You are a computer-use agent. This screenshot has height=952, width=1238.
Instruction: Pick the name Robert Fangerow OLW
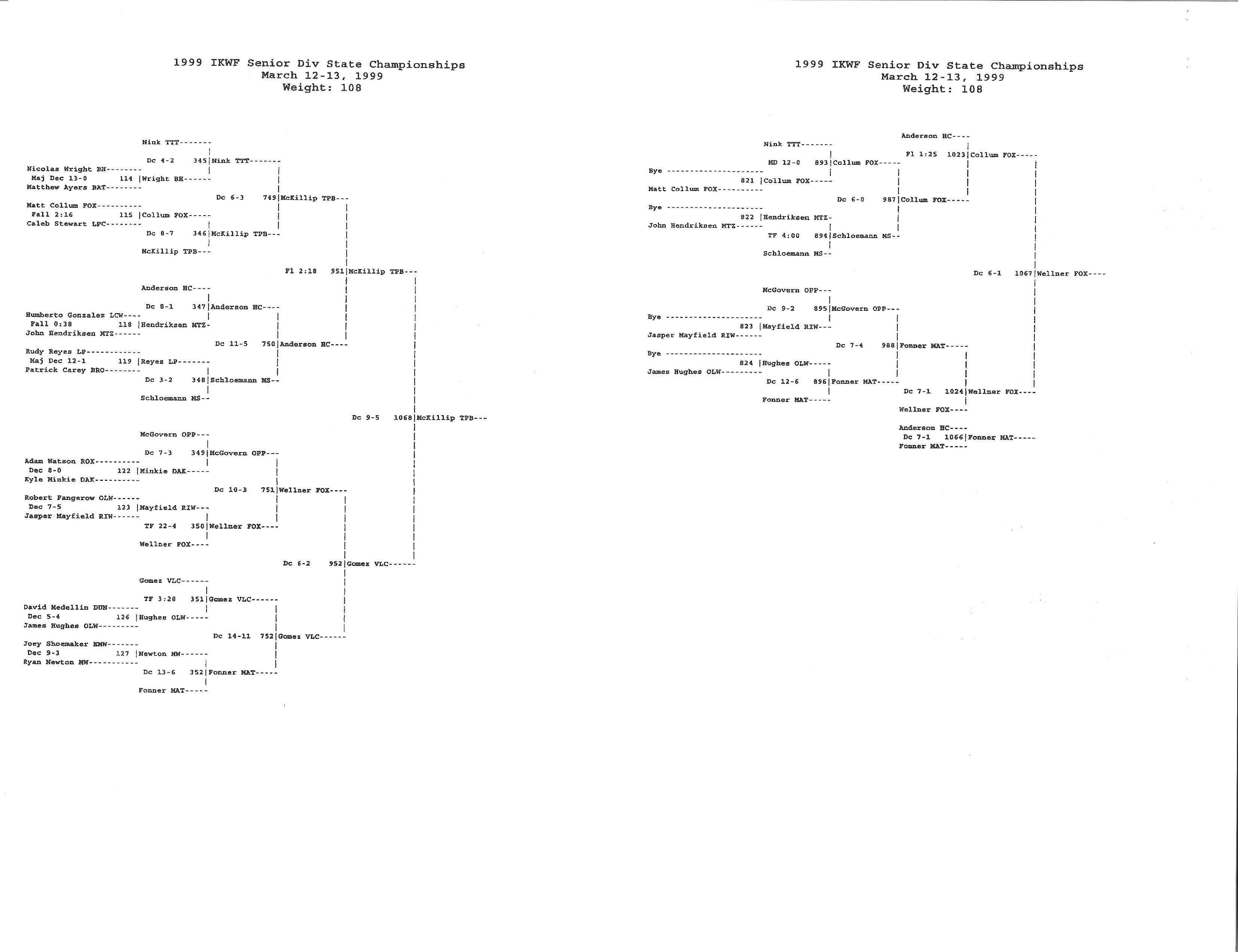tap(69, 498)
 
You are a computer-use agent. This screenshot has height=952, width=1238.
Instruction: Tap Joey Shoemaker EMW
tap(65, 644)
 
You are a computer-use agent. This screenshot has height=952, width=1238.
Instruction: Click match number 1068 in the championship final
tap(403, 418)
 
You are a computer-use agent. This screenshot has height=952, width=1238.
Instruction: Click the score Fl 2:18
tap(301, 271)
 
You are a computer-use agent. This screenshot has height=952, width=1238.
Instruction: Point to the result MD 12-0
tap(784, 162)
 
